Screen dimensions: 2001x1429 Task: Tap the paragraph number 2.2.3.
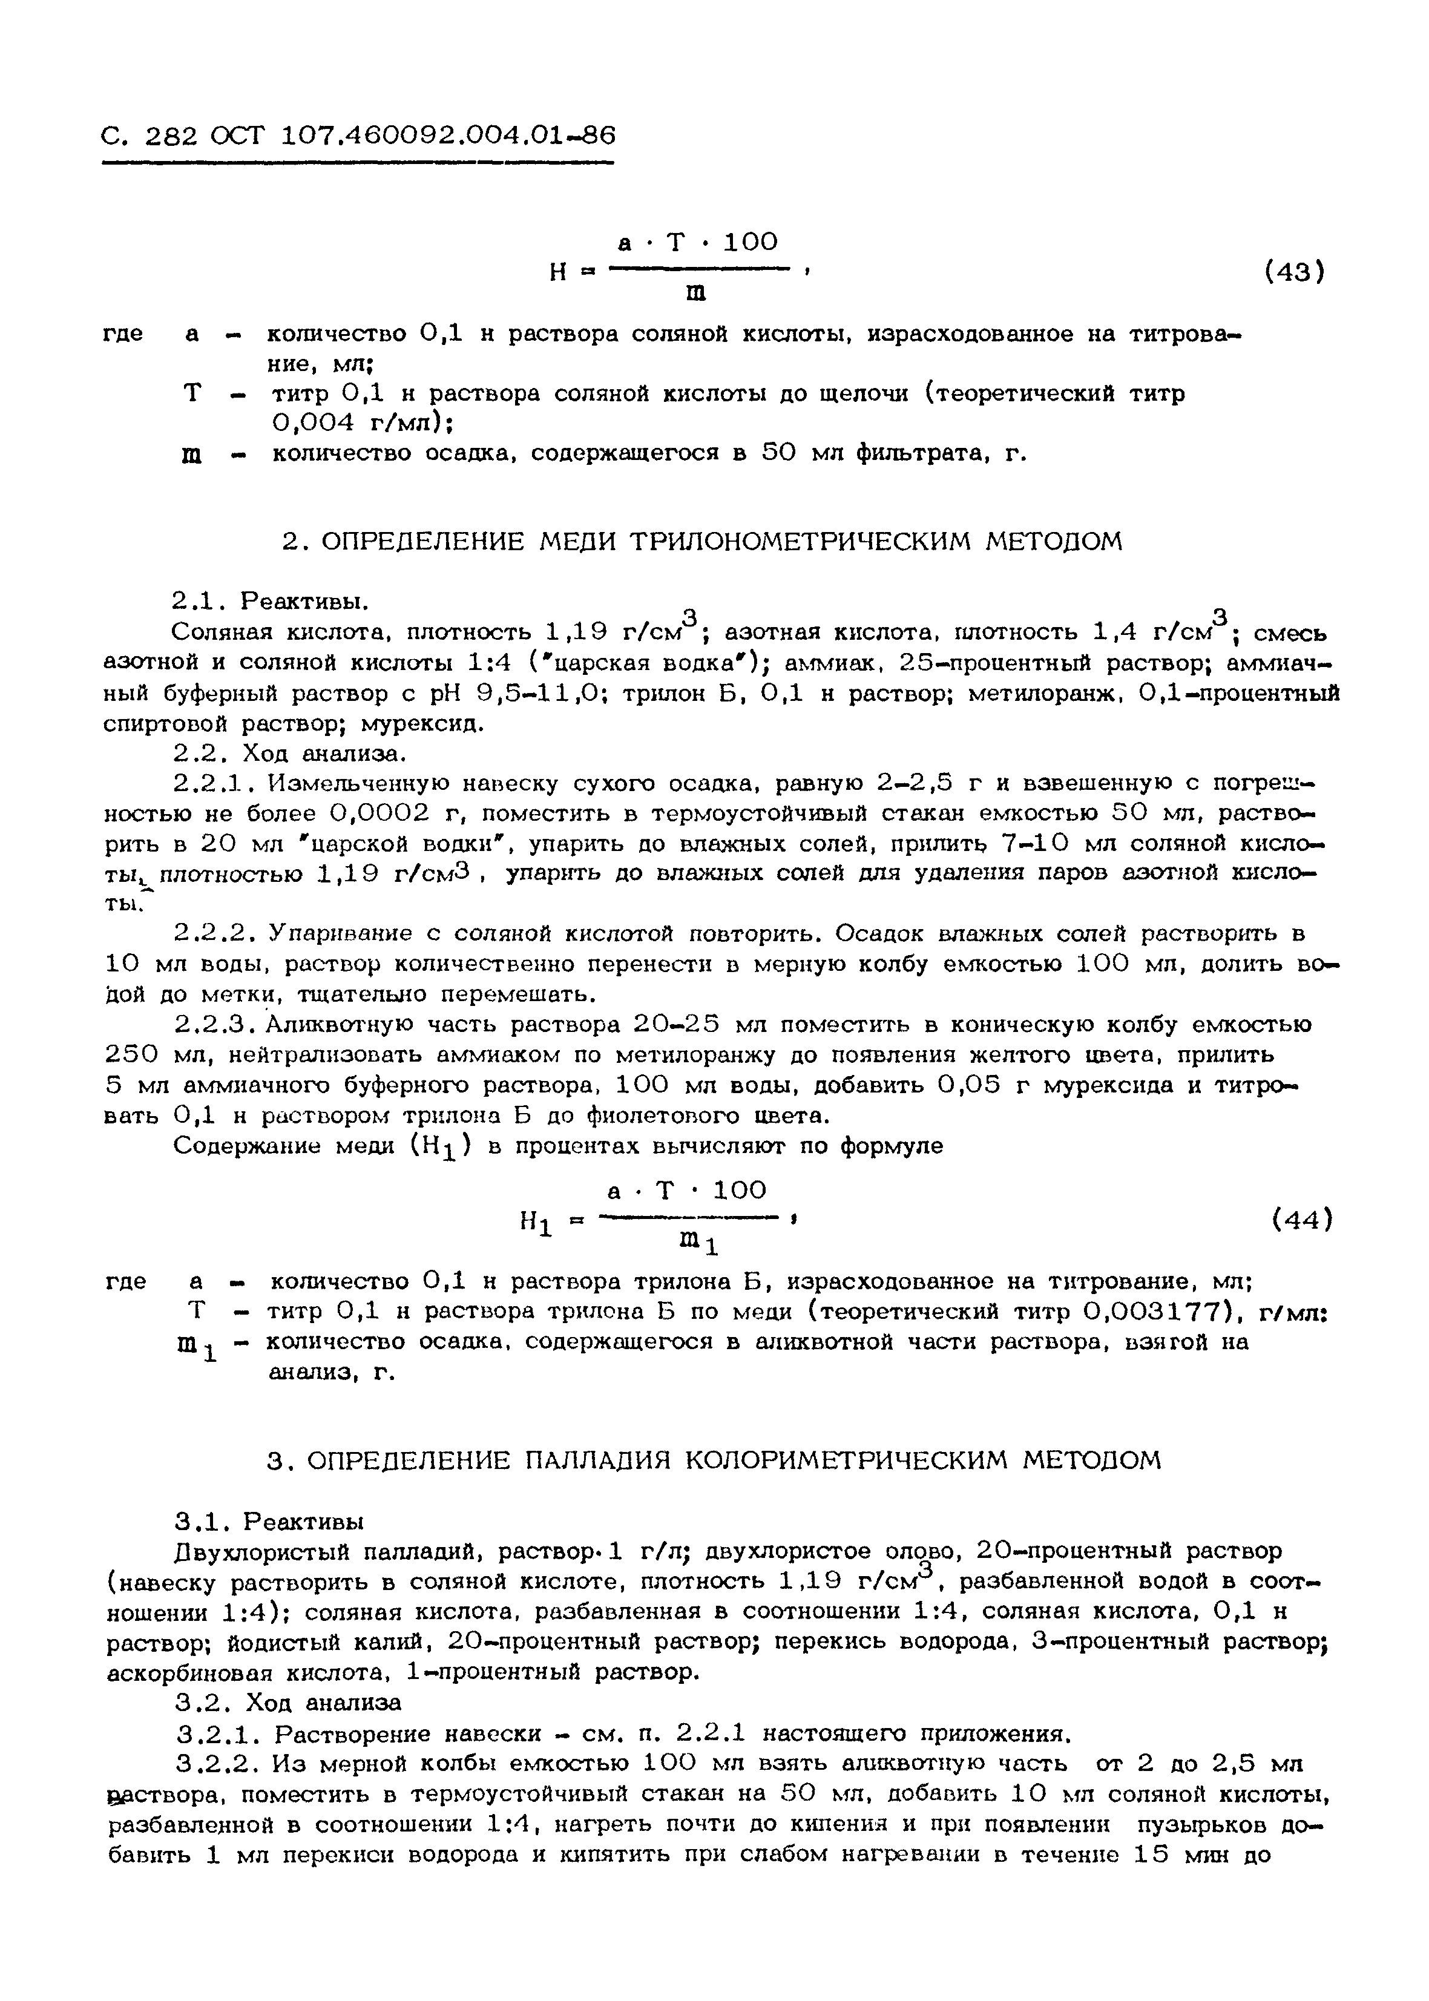tap(215, 1025)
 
